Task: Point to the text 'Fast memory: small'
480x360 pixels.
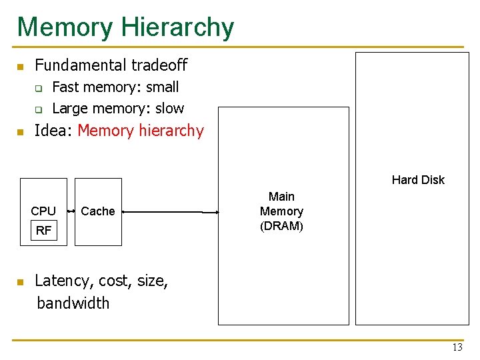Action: [115, 87]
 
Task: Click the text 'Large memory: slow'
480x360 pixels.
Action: [118, 108]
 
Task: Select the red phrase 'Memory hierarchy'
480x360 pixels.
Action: [141, 131]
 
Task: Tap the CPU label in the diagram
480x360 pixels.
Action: [43, 211]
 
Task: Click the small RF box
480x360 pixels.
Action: [43, 231]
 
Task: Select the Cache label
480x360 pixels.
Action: [98, 211]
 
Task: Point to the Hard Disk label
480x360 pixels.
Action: [418, 180]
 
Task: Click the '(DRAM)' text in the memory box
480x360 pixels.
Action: [281, 226]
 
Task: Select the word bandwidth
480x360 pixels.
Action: [73, 303]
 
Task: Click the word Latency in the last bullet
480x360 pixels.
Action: [61, 281]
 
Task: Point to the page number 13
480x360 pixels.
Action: [457, 347]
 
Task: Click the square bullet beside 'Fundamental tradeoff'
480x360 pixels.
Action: [21, 67]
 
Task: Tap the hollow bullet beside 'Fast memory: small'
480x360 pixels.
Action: [39, 88]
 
